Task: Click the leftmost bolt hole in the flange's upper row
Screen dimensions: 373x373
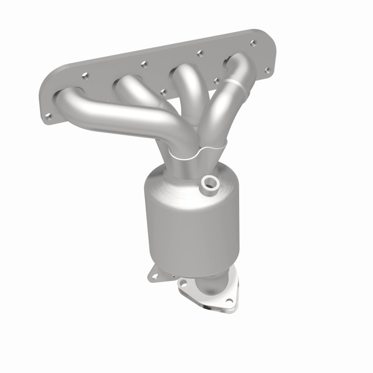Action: click(84, 74)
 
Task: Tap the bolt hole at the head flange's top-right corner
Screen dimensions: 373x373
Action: click(253, 43)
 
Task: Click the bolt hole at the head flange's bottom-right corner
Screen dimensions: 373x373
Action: click(267, 70)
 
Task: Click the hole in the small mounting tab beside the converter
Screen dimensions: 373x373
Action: click(153, 276)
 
